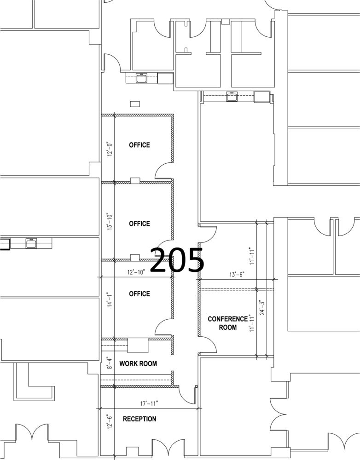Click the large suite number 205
coord(177,259)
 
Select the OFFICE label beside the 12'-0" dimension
coord(139,145)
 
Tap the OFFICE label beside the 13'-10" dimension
coord(139,224)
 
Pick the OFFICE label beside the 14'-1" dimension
coord(139,293)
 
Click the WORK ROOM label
coord(138,363)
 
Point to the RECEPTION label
coord(139,419)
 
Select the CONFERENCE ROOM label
coord(227,323)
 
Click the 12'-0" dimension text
coord(110,149)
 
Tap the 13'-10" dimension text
coord(110,222)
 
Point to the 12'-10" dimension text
coord(136,272)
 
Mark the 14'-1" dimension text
coord(110,299)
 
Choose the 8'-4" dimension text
coord(110,363)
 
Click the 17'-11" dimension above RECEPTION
coord(149,404)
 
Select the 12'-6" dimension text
coord(110,422)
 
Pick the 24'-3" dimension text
coord(262,307)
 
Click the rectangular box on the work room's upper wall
coord(138,345)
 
